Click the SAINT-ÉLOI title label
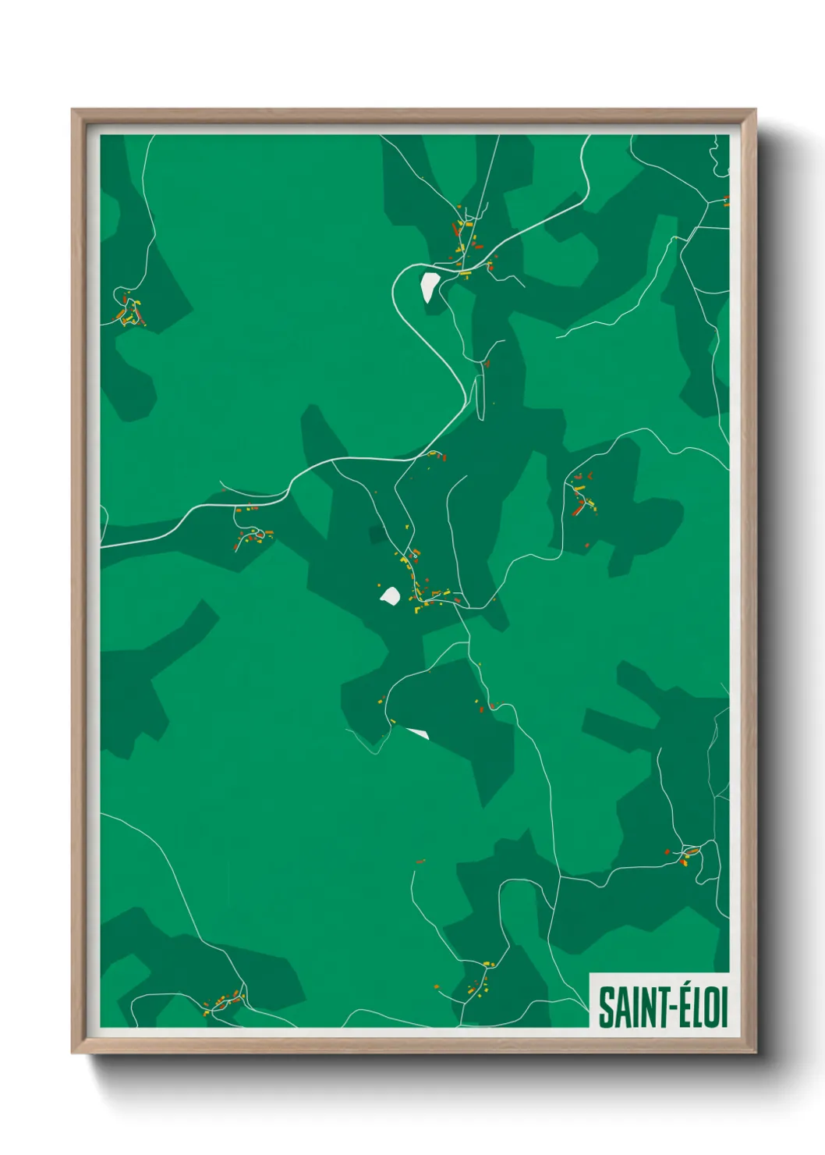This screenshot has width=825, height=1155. (x=662, y=1006)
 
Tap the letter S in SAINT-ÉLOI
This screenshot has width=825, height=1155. (x=605, y=1007)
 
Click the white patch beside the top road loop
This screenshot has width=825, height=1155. (x=429, y=286)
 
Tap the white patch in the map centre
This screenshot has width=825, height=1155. (x=390, y=596)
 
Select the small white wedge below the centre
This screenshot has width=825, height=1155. (x=418, y=734)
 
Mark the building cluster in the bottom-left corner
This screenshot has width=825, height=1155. (x=225, y=1000)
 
